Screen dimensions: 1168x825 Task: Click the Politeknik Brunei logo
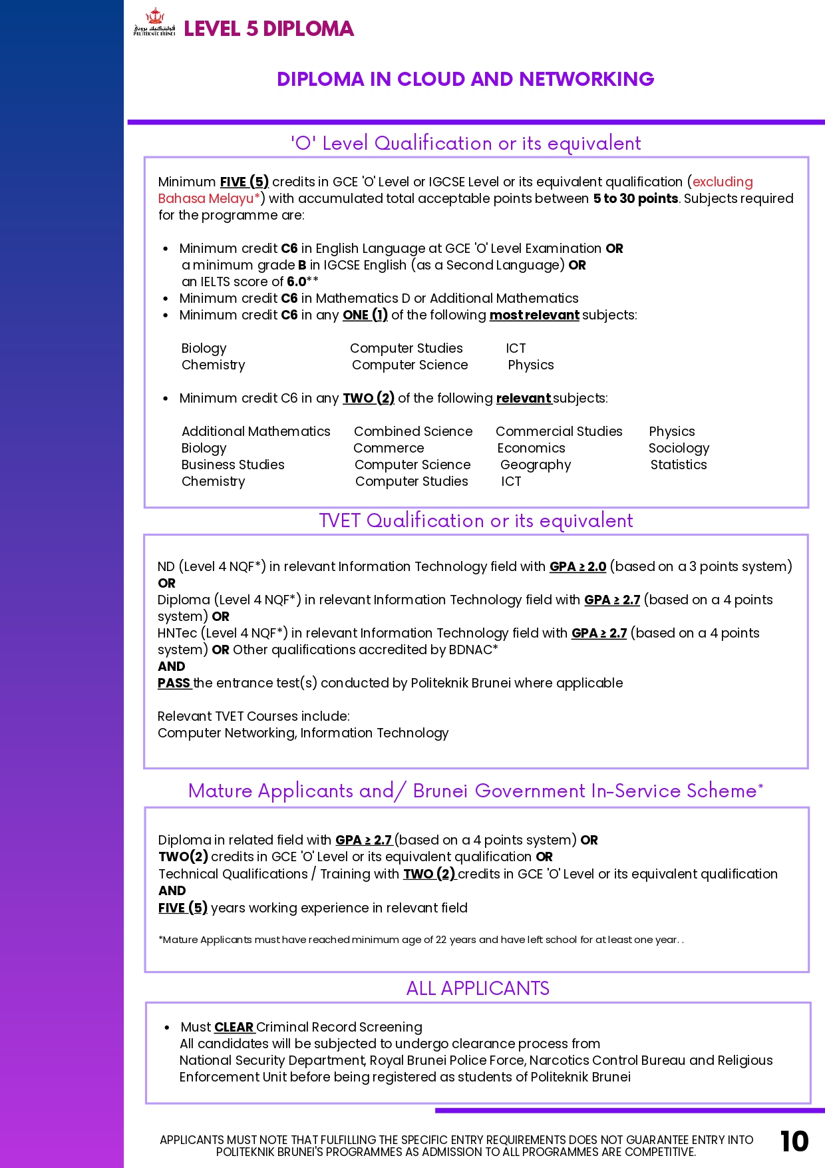click(154, 23)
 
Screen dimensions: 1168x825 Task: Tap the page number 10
click(794, 1141)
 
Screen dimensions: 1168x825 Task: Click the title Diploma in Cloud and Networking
click(465, 79)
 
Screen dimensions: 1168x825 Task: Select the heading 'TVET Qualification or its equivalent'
click(476, 520)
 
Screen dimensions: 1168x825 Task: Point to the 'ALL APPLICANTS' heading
click(478, 988)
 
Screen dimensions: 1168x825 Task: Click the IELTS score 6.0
click(296, 282)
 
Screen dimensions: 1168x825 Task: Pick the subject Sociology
click(679, 448)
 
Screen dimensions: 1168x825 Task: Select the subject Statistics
click(679, 465)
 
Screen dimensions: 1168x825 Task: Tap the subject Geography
click(536, 465)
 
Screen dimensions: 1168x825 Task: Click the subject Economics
click(531, 448)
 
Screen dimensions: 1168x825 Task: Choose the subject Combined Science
click(413, 431)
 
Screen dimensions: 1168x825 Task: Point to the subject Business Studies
click(233, 465)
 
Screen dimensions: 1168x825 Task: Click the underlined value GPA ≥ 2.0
click(577, 566)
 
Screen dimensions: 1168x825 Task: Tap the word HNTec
click(177, 633)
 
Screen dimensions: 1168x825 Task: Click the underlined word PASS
click(174, 683)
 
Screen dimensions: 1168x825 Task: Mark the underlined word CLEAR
click(234, 1027)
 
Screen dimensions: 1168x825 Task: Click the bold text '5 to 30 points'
click(635, 198)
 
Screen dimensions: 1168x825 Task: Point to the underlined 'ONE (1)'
click(365, 315)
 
